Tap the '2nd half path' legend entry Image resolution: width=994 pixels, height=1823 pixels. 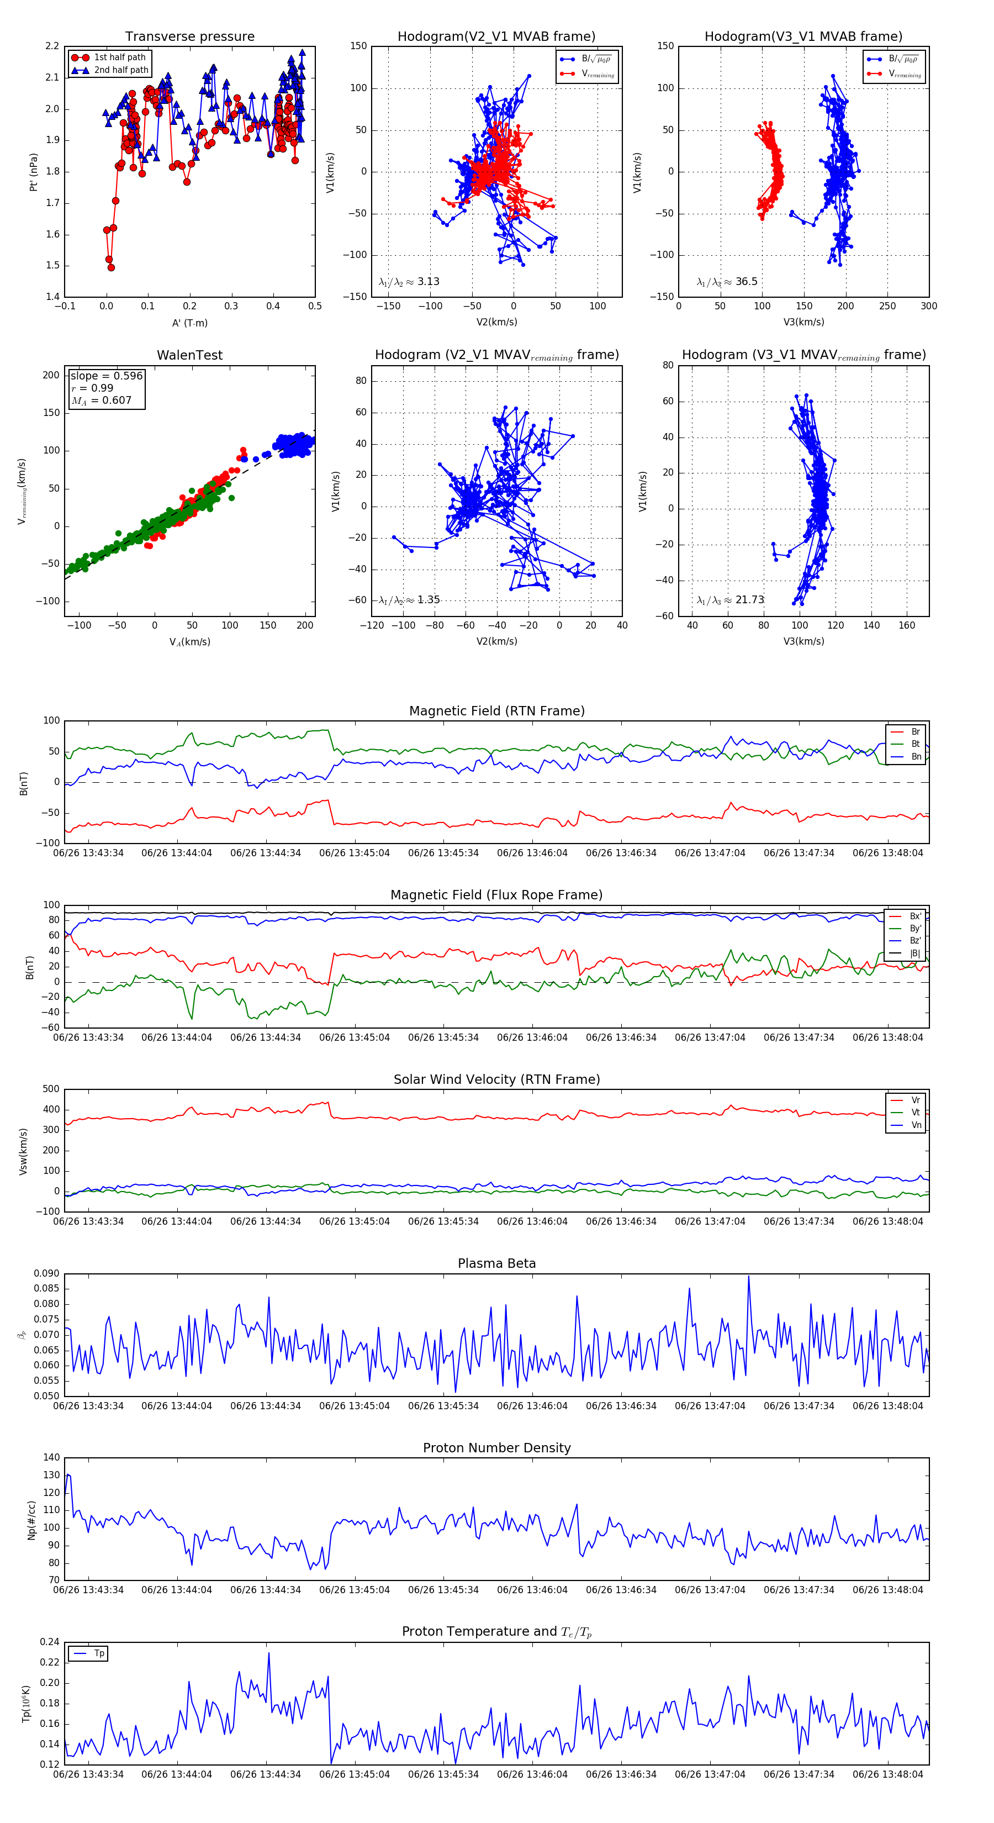121,70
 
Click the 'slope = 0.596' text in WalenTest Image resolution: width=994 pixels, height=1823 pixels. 106,376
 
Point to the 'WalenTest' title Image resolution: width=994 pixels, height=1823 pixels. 189,355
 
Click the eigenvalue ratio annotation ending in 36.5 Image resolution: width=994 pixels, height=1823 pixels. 727,282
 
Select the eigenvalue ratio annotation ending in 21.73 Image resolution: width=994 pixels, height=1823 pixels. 730,600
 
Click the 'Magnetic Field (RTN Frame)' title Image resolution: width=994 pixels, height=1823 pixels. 496,711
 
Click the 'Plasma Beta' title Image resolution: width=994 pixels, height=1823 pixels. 496,1264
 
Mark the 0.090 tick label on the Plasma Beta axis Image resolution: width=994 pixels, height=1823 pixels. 47,1274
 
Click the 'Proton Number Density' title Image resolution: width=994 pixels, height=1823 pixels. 496,1448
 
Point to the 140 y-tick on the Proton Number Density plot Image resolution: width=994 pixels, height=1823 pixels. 52,1458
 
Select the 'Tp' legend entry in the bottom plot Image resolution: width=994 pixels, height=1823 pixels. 99,1654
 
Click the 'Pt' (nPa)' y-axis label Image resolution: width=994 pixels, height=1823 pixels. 33,172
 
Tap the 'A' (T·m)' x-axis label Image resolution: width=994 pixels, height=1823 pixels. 189,323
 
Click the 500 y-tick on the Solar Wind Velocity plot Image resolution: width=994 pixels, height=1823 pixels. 51,1089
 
